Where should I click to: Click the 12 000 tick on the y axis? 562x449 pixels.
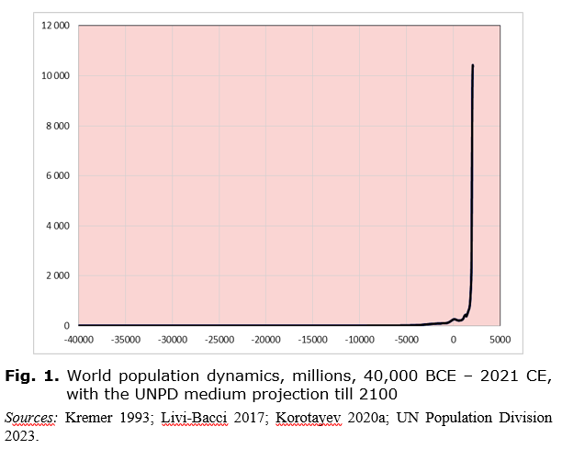point(56,26)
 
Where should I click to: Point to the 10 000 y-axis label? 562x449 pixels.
point(56,75)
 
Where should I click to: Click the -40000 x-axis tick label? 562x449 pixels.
point(79,339)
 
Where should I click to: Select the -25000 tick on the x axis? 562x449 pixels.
point(219,339)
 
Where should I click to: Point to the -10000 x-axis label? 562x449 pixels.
point(360,339)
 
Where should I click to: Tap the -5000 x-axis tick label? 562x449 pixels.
point(407,339)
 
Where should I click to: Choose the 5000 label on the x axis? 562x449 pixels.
point(500,339)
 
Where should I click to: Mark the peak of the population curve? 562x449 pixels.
point(473,65)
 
